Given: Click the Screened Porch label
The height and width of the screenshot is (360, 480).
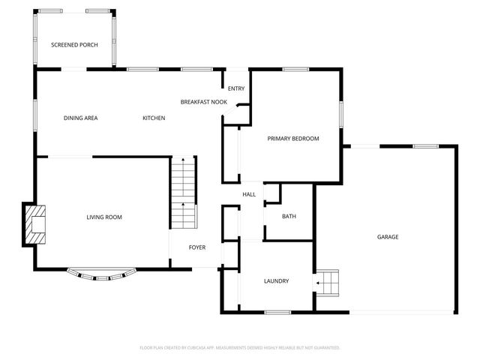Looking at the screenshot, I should (x=74, y=45).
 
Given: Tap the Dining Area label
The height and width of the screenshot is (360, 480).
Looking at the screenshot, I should (x=80, y=118).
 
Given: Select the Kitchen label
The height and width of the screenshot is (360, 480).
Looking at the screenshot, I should (x=154, y=118).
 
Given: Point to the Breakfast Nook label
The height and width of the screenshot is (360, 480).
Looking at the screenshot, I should (x=203, y=101).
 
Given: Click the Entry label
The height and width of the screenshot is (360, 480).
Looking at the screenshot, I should (x=236, y=88).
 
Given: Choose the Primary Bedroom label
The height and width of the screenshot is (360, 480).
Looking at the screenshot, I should (x=294, y=139).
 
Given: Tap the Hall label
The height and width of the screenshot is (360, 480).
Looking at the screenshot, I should (x=249, y=195).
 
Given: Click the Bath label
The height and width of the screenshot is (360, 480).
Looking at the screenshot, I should (x=289, y=217).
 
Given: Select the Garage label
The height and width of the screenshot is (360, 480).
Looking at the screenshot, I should (x=388, y=237).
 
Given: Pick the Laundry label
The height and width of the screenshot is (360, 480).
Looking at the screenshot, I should (x=276, y=281).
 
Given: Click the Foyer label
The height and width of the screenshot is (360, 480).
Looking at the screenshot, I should (x=196, y=247).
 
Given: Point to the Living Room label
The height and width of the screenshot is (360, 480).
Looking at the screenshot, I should (x=104, y=217).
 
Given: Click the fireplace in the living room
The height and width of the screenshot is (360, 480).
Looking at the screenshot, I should (x=35, y=223).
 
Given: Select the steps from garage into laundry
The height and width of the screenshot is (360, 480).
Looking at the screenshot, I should (x=327, y=283).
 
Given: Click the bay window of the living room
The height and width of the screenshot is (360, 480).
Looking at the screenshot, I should (x=102, y=276).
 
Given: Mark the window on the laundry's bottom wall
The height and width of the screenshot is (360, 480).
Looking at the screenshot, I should (x=277, y=312).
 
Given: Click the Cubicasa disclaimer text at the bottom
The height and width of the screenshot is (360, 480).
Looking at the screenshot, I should (x=240, y=348).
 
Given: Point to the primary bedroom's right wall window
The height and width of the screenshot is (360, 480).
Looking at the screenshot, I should (x=341, y=114).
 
